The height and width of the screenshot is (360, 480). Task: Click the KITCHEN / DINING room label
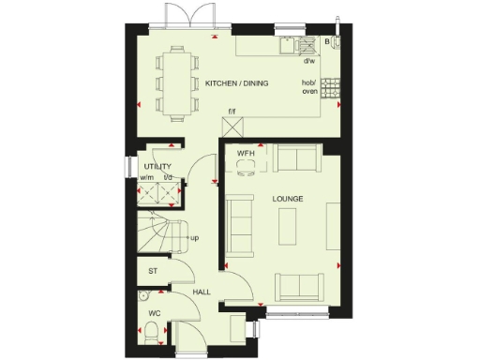[236, 84]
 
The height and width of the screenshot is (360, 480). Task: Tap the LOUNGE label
[286, 200]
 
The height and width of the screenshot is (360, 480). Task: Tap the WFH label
[246, 153]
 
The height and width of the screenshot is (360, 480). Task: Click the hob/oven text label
[309, 88]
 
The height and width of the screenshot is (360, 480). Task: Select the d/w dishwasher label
[309, 62]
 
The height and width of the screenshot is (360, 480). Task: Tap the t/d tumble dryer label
[169, 178]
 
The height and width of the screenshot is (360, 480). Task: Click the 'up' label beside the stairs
[194, 238]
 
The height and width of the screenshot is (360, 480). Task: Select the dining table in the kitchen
[178, 82]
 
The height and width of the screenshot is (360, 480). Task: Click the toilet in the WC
[149, 330]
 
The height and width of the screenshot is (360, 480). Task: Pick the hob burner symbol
[330, 87]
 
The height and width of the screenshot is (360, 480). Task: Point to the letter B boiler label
[327, 42]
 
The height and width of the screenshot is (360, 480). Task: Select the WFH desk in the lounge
[246, 165]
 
